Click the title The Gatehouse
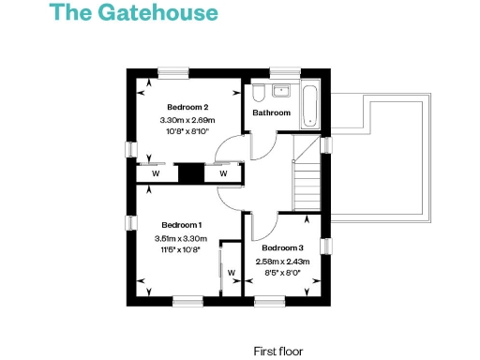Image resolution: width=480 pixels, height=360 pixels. (x=133, y=13)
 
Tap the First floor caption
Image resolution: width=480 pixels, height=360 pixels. (x=278, y=351)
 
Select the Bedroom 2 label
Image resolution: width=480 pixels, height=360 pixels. (x=187, y=107)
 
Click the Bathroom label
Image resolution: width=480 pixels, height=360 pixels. (x=272, y=113)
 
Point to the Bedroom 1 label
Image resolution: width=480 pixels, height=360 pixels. (x=181, y=225)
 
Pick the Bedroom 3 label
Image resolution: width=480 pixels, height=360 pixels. (x=283, y=247)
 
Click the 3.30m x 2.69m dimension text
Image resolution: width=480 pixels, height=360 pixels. (x=187, y=120)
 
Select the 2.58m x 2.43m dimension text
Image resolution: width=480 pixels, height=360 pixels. (x=283, y=261)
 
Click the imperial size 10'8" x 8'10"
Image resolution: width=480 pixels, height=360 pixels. (x=187, y=133)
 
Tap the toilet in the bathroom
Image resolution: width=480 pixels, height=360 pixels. (x=259, y=94)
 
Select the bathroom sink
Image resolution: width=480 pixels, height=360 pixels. (x=282, y=92)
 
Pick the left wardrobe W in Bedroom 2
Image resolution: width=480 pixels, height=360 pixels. (x=156, y=173)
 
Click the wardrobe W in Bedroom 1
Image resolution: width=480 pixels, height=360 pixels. (x=230, y=272)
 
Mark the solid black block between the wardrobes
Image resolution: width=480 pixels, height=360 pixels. (x=189, y=173)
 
